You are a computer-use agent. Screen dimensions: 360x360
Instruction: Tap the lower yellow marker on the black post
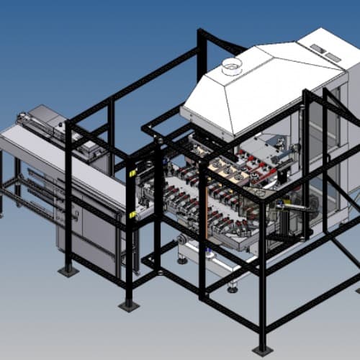pos(132,214)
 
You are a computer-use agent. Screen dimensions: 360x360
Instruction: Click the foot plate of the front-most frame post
pos(263,351)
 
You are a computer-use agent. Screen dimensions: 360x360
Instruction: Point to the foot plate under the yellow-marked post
pos(129,305)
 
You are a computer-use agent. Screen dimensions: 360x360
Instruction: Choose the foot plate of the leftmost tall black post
pos(68,271)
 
